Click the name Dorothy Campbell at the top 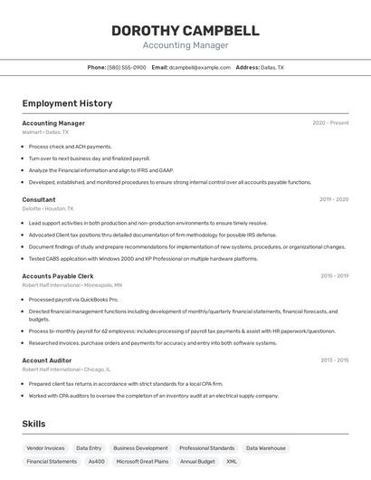pos(185,31)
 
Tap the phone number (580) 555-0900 pos(127,67)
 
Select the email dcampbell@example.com pos(200,67)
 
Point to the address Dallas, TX pos(271,67)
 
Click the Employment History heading pos(67,103)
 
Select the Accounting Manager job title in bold pos(53,123)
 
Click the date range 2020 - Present pos(330,123)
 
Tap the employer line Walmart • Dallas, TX pos(45,132)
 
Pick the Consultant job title pos(39,199)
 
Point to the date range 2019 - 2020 pos(334,199)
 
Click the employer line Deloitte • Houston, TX pos(48,208)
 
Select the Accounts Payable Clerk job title pos(58,275)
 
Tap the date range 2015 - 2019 pos(334,275)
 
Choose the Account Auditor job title pos(47,360)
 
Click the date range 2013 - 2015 pos(334,360)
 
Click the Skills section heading pos(34,424)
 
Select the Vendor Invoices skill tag pos(45,448)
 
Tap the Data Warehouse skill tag pos(266,448)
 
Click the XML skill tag pos(232,462)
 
